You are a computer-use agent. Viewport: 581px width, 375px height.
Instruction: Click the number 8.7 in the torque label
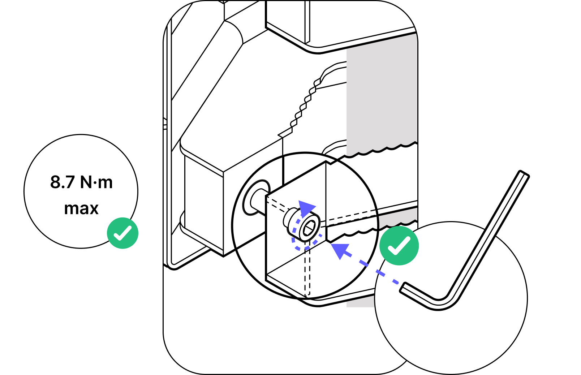tap(63, 182)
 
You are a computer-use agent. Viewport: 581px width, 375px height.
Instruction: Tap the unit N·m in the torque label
tap(96, 182)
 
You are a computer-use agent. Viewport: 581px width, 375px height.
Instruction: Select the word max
tap(81, 209)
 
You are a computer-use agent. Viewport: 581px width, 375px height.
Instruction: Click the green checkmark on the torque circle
tap(122, 233)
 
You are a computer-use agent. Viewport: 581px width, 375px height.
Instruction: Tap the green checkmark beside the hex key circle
tap(399, 246)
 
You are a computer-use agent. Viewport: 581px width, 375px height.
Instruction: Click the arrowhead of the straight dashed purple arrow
tap(340, 250)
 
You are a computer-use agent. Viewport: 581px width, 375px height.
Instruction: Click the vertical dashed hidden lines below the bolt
tap(307, 271)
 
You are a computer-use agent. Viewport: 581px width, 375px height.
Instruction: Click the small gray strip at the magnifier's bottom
tap(360, 303)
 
